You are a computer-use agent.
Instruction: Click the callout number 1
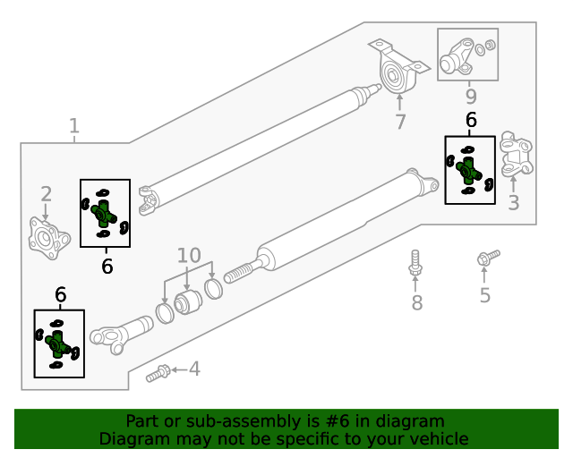pyautogui.click(x=74, y=126)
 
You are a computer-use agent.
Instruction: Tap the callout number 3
pyautogui.click(x=513, y=203)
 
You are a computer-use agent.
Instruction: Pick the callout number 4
pyautogui.click(x=193, y=369)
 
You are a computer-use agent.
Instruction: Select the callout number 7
pyautogui.click(x=400, y=122)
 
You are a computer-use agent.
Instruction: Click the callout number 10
pyautogui.click(x=188, y=256)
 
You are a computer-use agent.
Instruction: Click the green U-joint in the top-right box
pyautogui.click(x=469, y=169)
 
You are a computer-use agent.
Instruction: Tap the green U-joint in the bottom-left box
pyautogui.click(x=58, y=343)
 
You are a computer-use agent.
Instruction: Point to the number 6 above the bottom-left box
pyautogui.click(x=60, y=295)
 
